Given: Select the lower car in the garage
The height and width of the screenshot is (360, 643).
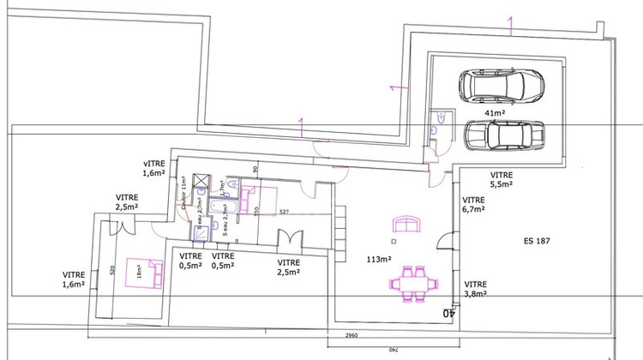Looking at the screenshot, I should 504,135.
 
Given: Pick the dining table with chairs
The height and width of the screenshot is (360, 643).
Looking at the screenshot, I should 412,282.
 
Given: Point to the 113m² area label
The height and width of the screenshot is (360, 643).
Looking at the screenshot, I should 380,258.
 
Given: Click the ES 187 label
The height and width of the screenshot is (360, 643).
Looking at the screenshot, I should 537,242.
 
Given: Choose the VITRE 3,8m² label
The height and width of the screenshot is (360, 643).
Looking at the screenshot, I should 476,288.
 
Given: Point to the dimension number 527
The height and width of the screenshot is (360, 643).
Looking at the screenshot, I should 280,213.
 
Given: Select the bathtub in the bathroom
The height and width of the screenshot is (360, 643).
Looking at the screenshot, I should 233,208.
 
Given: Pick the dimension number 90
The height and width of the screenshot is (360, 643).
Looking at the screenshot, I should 255,169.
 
